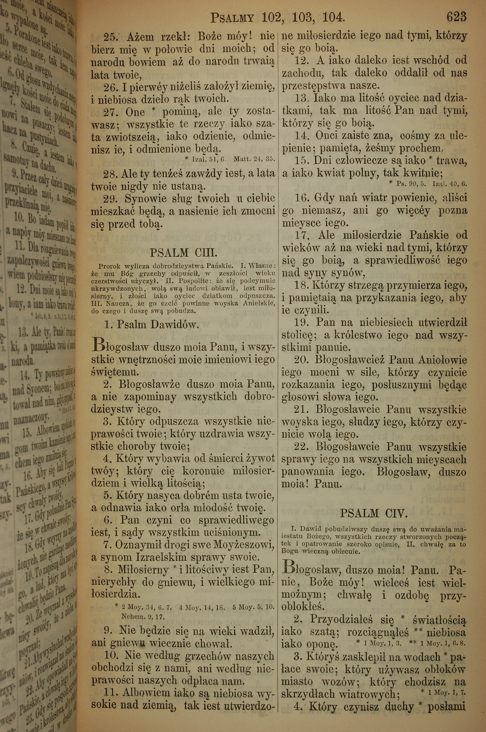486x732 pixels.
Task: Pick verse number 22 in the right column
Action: tap(301, 447)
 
